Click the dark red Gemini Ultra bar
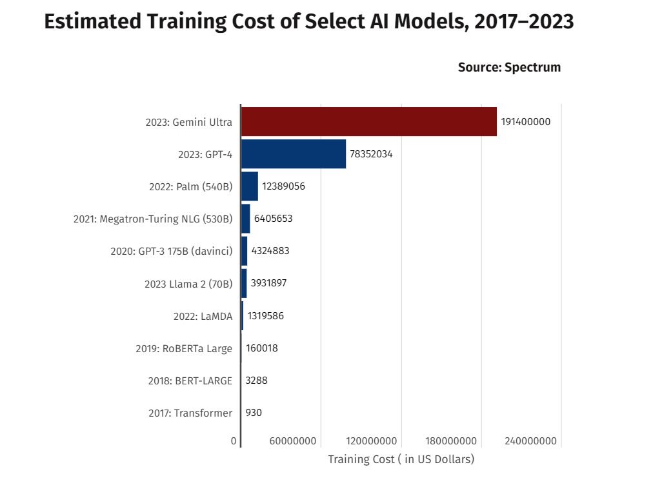[x=368, y=121]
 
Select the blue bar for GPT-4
[x=294, y=154]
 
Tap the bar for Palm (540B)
[x=250, y=186]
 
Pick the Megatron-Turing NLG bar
[x=246, y=219]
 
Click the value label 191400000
[x=525, y=122]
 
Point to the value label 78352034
[x=371, y=154]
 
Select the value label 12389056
[x=283, y=186]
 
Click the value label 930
[x=254, y=413]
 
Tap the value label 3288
[x=256, y=381]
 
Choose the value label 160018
[x=261, y=348]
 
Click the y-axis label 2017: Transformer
[x=190, y=413]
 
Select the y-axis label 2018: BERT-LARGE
[x=190, y=381]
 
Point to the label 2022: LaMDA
[x=203, y=316]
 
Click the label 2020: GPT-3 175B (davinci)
[x=171, y=252]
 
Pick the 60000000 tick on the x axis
[x=293, y=441]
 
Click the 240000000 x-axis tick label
[x=530, y=441]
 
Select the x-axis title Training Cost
[x=401, y=459]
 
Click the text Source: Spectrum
[x=509, y=67]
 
